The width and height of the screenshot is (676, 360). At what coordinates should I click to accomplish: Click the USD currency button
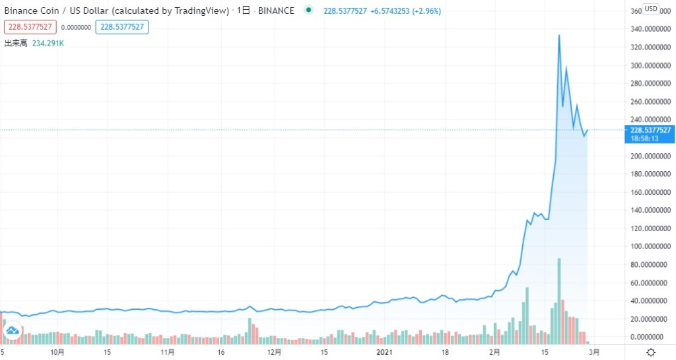(x=651, y=9)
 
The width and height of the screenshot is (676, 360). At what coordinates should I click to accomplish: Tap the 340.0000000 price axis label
(x=650, y=29)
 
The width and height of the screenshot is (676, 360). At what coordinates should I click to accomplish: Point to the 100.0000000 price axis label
(x=650, y=246)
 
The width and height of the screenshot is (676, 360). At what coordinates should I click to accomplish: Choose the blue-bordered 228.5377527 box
(x=122, y=27)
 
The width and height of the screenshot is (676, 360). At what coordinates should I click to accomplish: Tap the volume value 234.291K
(x=48, y=44)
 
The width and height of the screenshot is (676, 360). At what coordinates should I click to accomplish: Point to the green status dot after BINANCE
(x=308, y=11)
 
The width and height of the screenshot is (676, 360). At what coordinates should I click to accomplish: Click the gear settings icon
(x=651, y=352)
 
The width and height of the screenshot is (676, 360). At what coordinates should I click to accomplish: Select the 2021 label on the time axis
(x=383, y=352)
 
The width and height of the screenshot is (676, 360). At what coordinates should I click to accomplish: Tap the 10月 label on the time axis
(x=58, y=352)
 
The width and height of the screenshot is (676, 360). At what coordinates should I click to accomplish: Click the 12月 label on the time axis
(x=275, y=352)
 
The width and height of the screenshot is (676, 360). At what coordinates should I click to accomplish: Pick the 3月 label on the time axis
(x=594, y=352)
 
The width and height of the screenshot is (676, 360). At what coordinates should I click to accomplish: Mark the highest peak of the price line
(x=559, y=35)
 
